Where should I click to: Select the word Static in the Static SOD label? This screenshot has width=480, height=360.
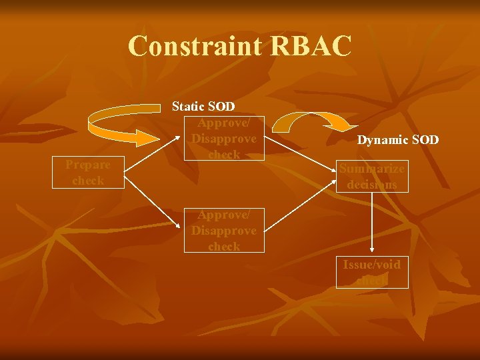coord(189,106)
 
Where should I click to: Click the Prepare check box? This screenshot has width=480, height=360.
coord(88,173)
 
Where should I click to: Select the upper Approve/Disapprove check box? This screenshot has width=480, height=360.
coord(223,139)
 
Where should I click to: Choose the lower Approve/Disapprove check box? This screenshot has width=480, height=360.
coord(223,230)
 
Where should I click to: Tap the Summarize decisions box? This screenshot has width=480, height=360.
coord(371,177)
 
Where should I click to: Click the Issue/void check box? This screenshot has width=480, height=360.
coord(371,272)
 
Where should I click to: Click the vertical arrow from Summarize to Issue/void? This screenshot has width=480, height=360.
coord(371,223)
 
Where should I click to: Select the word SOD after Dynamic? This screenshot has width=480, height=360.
coord(425,140)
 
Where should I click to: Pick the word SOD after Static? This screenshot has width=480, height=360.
coord(221,106)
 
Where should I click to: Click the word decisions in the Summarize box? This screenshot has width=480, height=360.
coord(371,184)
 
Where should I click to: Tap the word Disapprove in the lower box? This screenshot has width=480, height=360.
coord(223,231)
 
